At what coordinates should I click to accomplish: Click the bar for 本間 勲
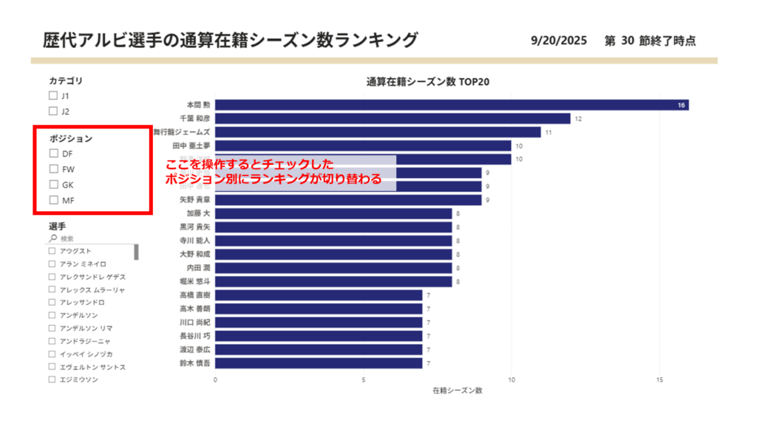pyautogui.click(x=451, y=106)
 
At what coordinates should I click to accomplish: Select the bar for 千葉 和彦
pyautogui.click(x=393, y=119)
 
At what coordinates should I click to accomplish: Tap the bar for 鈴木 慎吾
pyautogui.click(x=319, y=363)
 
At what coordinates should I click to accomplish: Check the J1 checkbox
pyautogui.click(x=52, y=96)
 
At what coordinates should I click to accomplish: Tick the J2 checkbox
pyautogui.click(x=52, y=111)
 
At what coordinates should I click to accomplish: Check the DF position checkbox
pyautogui.click(x=53, y=154)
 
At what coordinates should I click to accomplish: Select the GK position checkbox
pyautogui.click(x=53, y=185)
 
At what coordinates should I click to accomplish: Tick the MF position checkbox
pyautogui.click(x=53, y=200)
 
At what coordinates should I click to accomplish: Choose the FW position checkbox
pyautogui.click(x=53, y=169)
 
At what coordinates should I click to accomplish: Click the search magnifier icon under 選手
pyautogui.click(x=52, y=238)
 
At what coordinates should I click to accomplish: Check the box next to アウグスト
pyautogui.click(x=52, y=251)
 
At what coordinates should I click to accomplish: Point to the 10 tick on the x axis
pyautogui.click(x=512, y=380)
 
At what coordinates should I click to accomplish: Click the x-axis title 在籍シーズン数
pyautogui.click(x=458, y=390)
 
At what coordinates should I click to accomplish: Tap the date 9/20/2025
pyautogui.click(x=558, y=41)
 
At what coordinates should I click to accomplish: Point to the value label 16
pyautogui.click(x=682, y=106)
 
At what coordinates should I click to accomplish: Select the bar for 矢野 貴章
pyautogui.click(x=348, y=200)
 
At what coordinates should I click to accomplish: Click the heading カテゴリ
pyautogui.click(x=66, y=80)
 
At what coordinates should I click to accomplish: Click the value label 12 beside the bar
pyautogui.click(x=578, y=119)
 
